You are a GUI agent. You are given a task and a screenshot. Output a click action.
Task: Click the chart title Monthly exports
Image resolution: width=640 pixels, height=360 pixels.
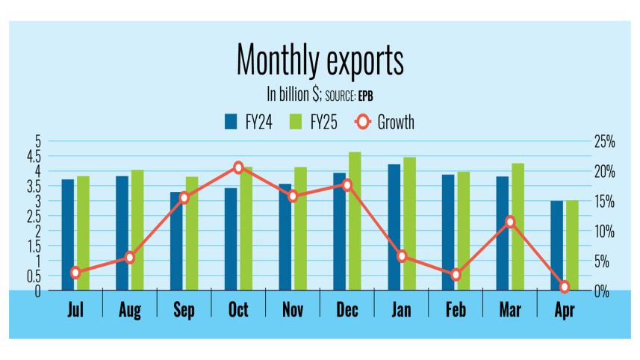coord(320,60)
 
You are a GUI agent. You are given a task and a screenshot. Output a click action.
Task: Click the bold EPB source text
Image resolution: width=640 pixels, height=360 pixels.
coord(369,96)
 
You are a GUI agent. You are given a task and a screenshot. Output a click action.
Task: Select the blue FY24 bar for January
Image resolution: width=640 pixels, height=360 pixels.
coord(394,227)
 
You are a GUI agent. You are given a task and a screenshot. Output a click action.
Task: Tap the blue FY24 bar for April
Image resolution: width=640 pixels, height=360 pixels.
coord(557,246)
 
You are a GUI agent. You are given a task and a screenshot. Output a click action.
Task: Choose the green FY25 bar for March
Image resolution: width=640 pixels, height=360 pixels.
coord(518,227)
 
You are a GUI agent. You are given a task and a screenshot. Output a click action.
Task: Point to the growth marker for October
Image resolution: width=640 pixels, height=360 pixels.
coord(238,167)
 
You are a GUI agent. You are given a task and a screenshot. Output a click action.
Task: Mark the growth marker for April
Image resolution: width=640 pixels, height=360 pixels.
coord(565,287)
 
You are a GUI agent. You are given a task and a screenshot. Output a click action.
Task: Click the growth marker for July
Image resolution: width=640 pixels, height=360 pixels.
coord(75,273)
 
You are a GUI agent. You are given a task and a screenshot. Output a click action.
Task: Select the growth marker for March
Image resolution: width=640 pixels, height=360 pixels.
coord(510,222)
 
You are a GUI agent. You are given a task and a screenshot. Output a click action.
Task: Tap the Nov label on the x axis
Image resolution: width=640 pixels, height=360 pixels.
coord(292,310)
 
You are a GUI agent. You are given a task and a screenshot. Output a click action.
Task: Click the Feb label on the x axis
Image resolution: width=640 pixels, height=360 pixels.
coord(455,310)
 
